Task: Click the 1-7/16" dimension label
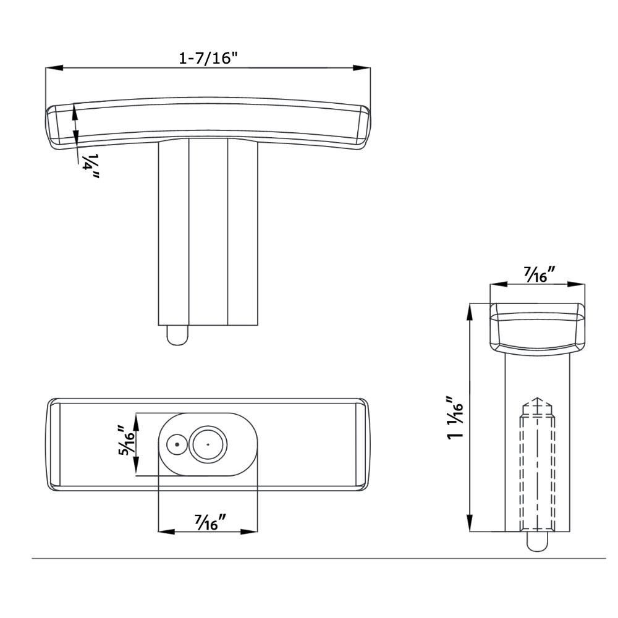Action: point(208,58)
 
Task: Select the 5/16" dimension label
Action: point(127,440)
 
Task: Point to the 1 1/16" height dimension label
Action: point(455,418)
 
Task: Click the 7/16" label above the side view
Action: point(540,274)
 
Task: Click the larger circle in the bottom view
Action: point(208,444)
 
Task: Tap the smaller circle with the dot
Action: point(177,444)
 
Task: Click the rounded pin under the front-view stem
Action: point(178,335)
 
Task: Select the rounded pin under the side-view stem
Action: point(537,541)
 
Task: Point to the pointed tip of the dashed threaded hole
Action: point(537,397)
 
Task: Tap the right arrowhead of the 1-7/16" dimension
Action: point(362,68)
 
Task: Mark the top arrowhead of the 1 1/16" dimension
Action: point(470,311)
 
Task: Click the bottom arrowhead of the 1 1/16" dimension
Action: point(470,523)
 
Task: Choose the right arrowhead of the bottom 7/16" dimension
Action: point(248,531)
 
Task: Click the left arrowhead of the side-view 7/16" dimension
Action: point(499,284)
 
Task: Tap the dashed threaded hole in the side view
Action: point(537,464)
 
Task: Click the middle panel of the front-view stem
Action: point(208,232)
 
